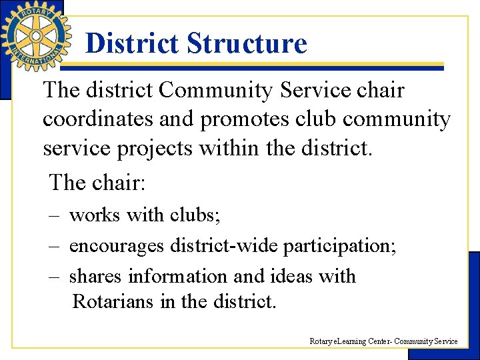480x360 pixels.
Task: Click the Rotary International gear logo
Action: (x=35, y=35)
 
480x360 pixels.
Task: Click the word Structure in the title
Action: (x=247, y=43)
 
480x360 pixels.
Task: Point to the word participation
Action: (x=339, y=247)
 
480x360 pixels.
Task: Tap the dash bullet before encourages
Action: (x=54, y=247)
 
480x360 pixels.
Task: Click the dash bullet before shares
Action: (x=54, y=277)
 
